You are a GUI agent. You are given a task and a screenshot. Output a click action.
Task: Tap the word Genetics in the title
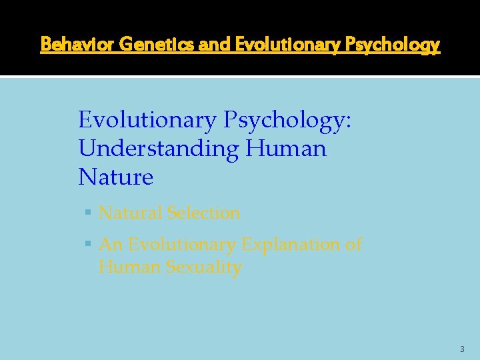[141, 45]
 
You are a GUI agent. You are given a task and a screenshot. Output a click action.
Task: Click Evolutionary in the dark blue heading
[147, 120]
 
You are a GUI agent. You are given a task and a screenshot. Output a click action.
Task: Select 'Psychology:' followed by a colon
[287, 120]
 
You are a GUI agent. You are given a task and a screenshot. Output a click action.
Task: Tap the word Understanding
[158, 148]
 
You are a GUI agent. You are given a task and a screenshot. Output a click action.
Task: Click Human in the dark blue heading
[286, 148]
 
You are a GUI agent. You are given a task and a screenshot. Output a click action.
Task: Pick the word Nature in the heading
[116, 177]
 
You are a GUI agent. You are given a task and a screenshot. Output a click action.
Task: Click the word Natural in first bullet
[130, 213]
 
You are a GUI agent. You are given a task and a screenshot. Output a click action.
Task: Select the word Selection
[203, 213]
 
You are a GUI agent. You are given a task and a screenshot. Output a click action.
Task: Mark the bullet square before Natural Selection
[89, 213]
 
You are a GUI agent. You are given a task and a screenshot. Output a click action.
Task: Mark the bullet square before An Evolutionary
[89, 245]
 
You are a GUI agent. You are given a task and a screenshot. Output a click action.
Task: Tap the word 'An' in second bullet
[110, 245]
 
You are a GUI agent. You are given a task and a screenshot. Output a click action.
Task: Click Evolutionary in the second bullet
[181, 245]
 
